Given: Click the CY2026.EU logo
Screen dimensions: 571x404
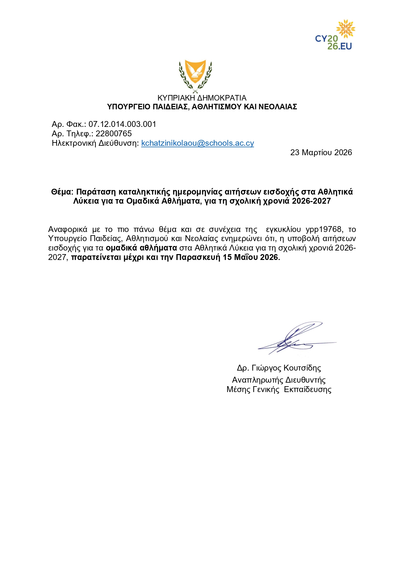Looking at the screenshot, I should (334, 35).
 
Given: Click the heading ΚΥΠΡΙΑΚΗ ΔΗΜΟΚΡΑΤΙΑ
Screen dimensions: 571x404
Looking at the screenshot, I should (202, 98).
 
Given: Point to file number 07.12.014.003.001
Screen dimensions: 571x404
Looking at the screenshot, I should (122, 124).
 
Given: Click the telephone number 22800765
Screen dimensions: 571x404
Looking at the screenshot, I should (114, 134).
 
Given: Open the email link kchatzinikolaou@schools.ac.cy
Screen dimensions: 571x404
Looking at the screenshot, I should (198, 143).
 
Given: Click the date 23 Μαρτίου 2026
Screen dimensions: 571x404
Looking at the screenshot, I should (321, 153).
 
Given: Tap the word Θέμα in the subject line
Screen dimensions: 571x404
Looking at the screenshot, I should (62, 192).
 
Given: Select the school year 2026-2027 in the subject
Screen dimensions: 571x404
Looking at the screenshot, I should (311, 201).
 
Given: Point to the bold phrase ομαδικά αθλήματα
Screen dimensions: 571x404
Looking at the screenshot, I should (141, 248).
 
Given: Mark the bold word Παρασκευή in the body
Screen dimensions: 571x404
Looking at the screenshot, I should (198, 257).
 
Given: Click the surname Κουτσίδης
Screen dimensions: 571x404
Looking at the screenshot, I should (302, 368).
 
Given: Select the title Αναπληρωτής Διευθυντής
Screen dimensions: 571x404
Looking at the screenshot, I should (279, 380).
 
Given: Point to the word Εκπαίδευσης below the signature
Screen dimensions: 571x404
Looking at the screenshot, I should (308, 389).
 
